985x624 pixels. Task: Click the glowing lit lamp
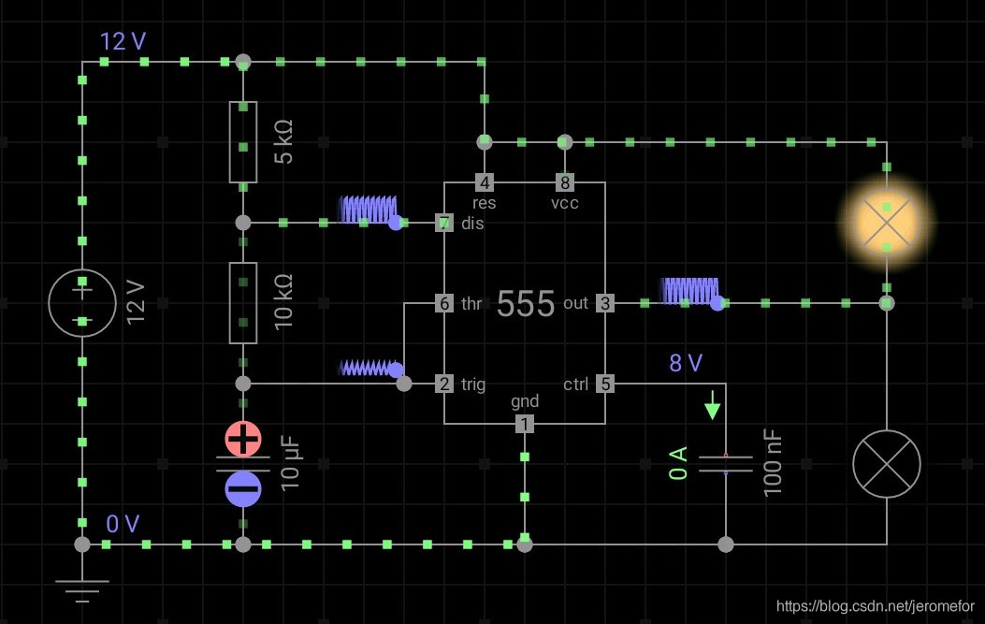pyautogui.click(x=886, y=223)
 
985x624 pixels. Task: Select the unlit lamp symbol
pyautogui.click(x=886, y=464)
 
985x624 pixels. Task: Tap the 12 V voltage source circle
pyautogui.click(x=82, y=302)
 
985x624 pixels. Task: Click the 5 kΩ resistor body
pyautogui.click(x=243, y=142)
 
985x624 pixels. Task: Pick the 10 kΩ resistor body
pyautogui.click(x=243, y=302)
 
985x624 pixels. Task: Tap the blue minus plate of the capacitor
pyautogui.click(x=243, y=487)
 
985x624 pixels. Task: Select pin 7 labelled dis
pyautogui.click(x=444, y=223)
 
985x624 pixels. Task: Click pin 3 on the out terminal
pyautogui.click(x=605, y=303)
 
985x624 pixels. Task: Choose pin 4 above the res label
pyautogui.click(x=485, y=181)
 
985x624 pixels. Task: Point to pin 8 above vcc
pyautogui.click(x=564, y=181)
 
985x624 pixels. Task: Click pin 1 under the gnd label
pyautogui.click(x=525, y=424)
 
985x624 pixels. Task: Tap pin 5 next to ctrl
pyautogui.click(x=605, y=384)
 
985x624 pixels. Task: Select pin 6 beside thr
pyautogui.click(x=444, y=303)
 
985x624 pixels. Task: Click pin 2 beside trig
pyautogui.click(x=444, y=384)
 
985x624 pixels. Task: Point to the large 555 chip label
pyautogui.click(x=526, y=303)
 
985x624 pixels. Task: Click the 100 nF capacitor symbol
pyautogui.click(x=726, y=462)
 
